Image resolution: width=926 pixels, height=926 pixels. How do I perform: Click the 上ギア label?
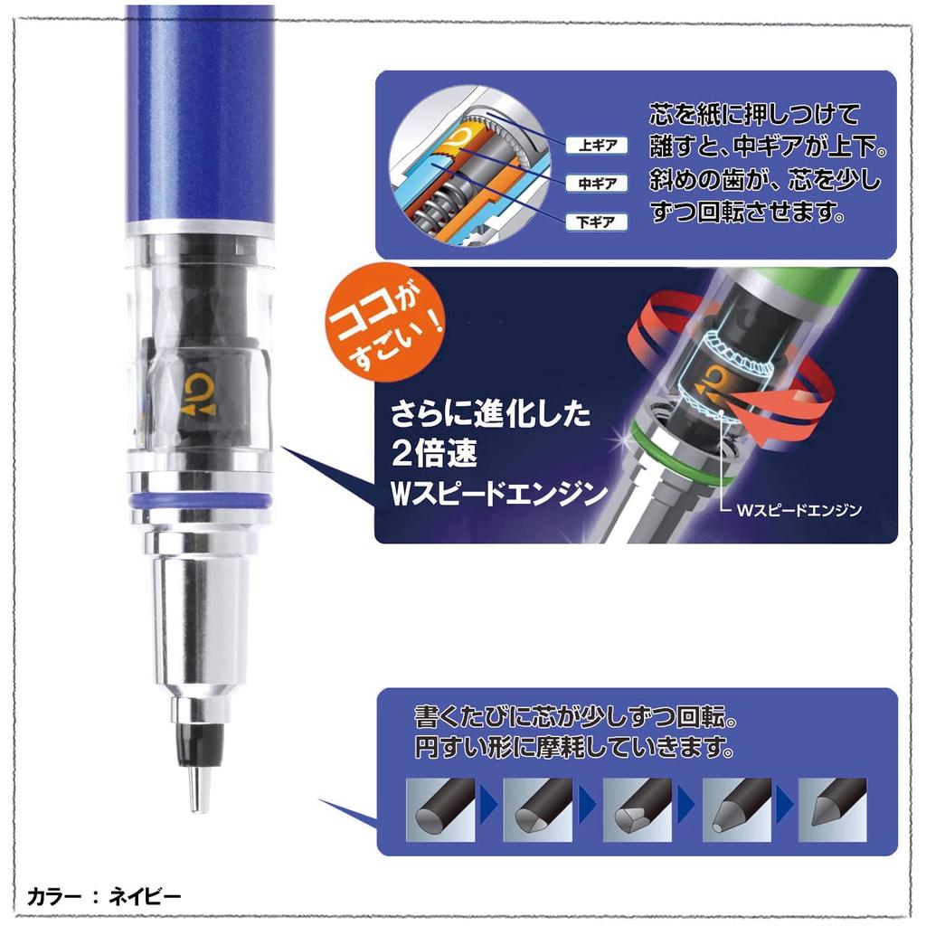pyautogui.click(x=591, y=145)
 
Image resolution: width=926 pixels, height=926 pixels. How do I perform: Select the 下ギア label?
pyautogui.click(x=591, y=222)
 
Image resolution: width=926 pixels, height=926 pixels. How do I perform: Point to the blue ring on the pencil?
pyautogui.click(x=200, y=500)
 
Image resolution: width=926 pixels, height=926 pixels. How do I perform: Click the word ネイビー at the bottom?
pyautogui.click(x=146, y=897)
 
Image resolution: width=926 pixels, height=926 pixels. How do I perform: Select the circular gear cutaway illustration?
pyautogui.click(x=466, y=175)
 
